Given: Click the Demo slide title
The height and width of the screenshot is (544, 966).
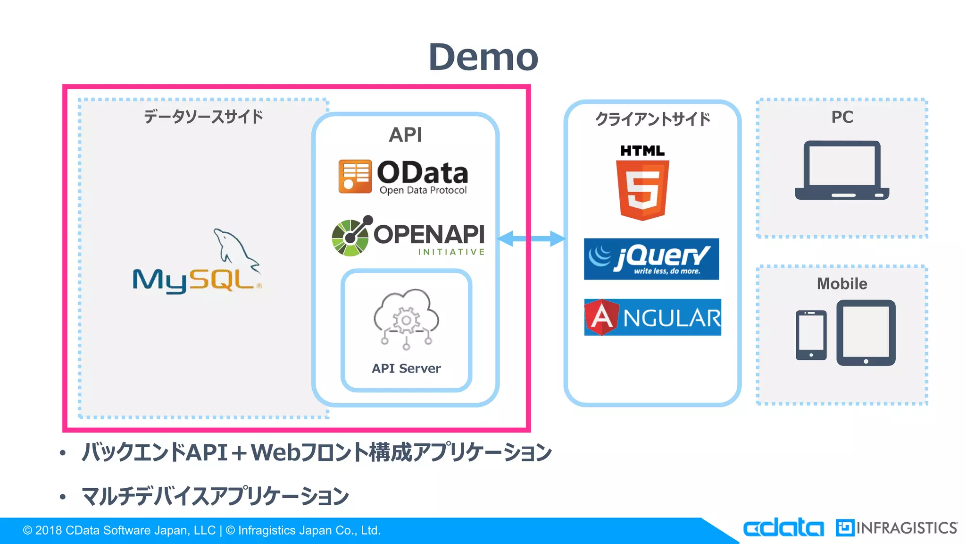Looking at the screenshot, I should coord(483,57).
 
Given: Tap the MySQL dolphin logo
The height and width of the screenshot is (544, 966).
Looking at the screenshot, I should coord(197,262).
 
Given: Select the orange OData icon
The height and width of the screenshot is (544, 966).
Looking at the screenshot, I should coord(355,176).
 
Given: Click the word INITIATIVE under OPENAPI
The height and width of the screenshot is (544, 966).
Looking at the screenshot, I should coord(451,252).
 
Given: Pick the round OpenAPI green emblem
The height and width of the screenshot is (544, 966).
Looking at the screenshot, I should coord(350,238).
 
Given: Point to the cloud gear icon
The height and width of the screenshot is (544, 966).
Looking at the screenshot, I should coord(406,319).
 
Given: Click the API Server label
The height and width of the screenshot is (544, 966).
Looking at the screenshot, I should coord(406,368).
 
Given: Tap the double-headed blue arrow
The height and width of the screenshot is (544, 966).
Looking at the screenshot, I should coord(531,238).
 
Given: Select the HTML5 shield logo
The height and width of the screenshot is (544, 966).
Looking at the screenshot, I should coord(642,189).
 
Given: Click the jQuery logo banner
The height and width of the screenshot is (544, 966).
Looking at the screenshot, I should coord(651,259).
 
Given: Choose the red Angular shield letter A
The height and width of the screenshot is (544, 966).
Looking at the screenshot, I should coord(601,317).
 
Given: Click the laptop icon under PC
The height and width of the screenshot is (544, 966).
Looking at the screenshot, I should coord(842,170).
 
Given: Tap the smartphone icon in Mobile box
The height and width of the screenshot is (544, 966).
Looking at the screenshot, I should coord(811,335).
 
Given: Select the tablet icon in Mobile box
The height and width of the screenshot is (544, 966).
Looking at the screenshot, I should coord(866,332).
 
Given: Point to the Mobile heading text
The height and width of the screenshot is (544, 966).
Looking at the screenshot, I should coord(842,284).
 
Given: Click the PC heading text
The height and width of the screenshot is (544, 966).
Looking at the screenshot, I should coord(842,117).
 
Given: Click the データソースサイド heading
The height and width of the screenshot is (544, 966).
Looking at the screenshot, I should coord(203,117).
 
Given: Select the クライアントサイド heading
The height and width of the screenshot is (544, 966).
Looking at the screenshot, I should coord(652,119).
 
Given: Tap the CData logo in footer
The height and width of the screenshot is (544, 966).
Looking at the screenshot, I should coord(783,527).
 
